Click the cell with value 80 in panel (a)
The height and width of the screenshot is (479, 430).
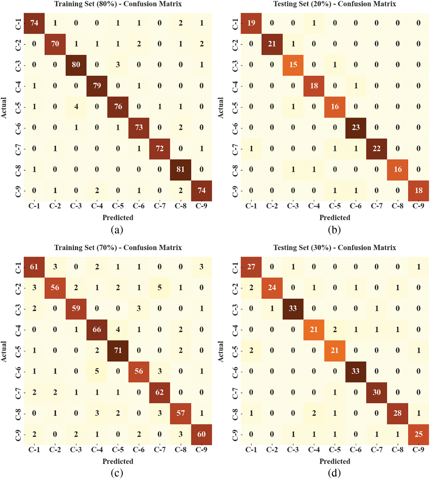pyautogui.click(x=76, y=65)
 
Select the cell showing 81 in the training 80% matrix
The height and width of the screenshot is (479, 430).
pyautogui.click(x=180, y=169)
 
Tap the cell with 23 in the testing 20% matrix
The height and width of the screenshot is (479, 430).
pyautogui.click(x=355, y=127)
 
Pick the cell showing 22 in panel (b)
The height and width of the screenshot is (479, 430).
pyautogui.click(x=376, y=148)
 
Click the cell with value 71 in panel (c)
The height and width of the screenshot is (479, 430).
pyautogui.click(x=118, y=350)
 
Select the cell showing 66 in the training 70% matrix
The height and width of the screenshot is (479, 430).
pyautogui.click(x=97, y=330)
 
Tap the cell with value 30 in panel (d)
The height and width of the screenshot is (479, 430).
pyautogui.click(x=376, y=392)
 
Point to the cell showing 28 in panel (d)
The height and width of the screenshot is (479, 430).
pyautogui.click(x=397, y=413)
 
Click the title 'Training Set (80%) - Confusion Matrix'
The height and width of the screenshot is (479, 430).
pyautogui.click(x=118, y=4)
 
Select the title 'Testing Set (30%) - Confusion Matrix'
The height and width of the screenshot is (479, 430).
pyautogui.click(x=335, y=248)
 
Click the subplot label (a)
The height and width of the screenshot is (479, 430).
pyautogui.click(x=117, y=230)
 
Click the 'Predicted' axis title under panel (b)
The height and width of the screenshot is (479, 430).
pyautogui.click(x=335, y=218)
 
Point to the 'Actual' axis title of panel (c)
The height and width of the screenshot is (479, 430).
pyautogui.click(x=4, y=351)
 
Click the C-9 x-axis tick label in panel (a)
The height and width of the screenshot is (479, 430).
pyautogui.click(x=201, y=206)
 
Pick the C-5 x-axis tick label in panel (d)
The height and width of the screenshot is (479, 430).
pyautogui.click(x=335, y=450)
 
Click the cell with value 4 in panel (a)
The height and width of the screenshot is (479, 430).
pyautogui.click(x=76, y=107)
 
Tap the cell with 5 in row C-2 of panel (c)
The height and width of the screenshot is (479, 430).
pyautogui.click(x=160, y=288)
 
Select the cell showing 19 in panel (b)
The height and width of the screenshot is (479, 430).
pyautogui.click(x=251, y=23)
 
